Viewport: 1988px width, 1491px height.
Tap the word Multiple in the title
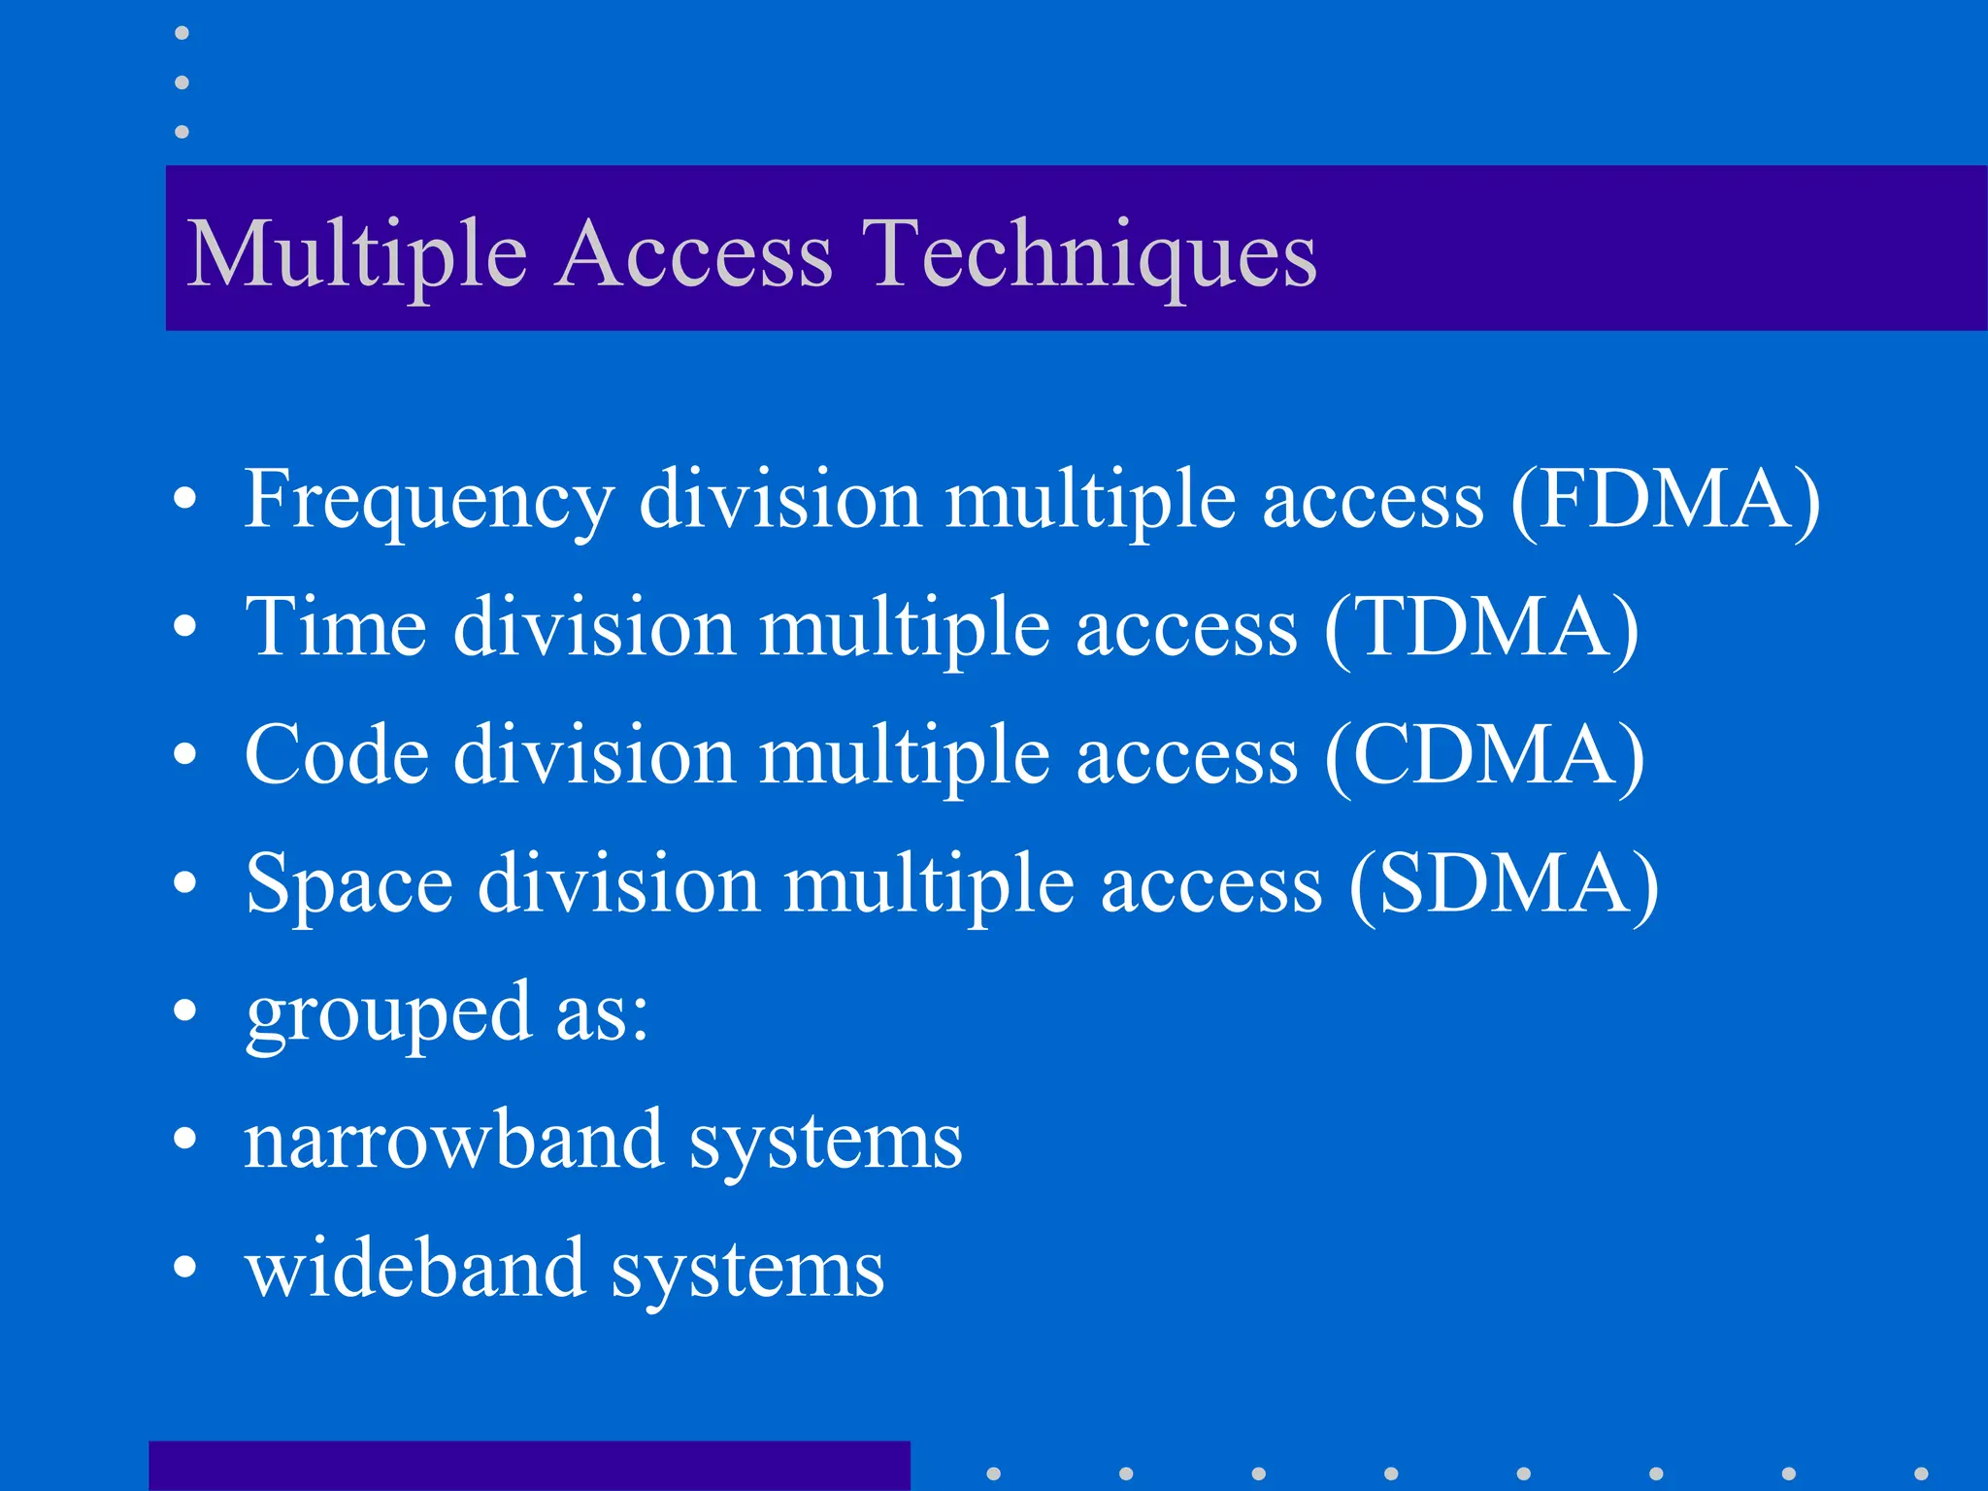pos(356,254)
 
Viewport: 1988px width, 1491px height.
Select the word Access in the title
pos(694,254)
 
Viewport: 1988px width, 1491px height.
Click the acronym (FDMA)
pos(1665,501)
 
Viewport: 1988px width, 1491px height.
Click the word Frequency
pos(428,501)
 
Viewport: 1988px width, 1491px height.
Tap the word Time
pos(336,627)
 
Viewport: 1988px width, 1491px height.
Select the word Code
pos(336,755)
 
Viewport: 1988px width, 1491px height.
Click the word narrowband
pos(453,1140)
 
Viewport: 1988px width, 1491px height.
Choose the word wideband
pos(415,1268)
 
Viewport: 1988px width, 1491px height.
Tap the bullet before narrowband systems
pos(184,1139)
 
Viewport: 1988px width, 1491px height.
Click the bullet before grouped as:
pos(184,1011)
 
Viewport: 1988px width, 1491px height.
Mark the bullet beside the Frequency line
pos(184,500)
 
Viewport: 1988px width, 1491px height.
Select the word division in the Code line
pos(594,755)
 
